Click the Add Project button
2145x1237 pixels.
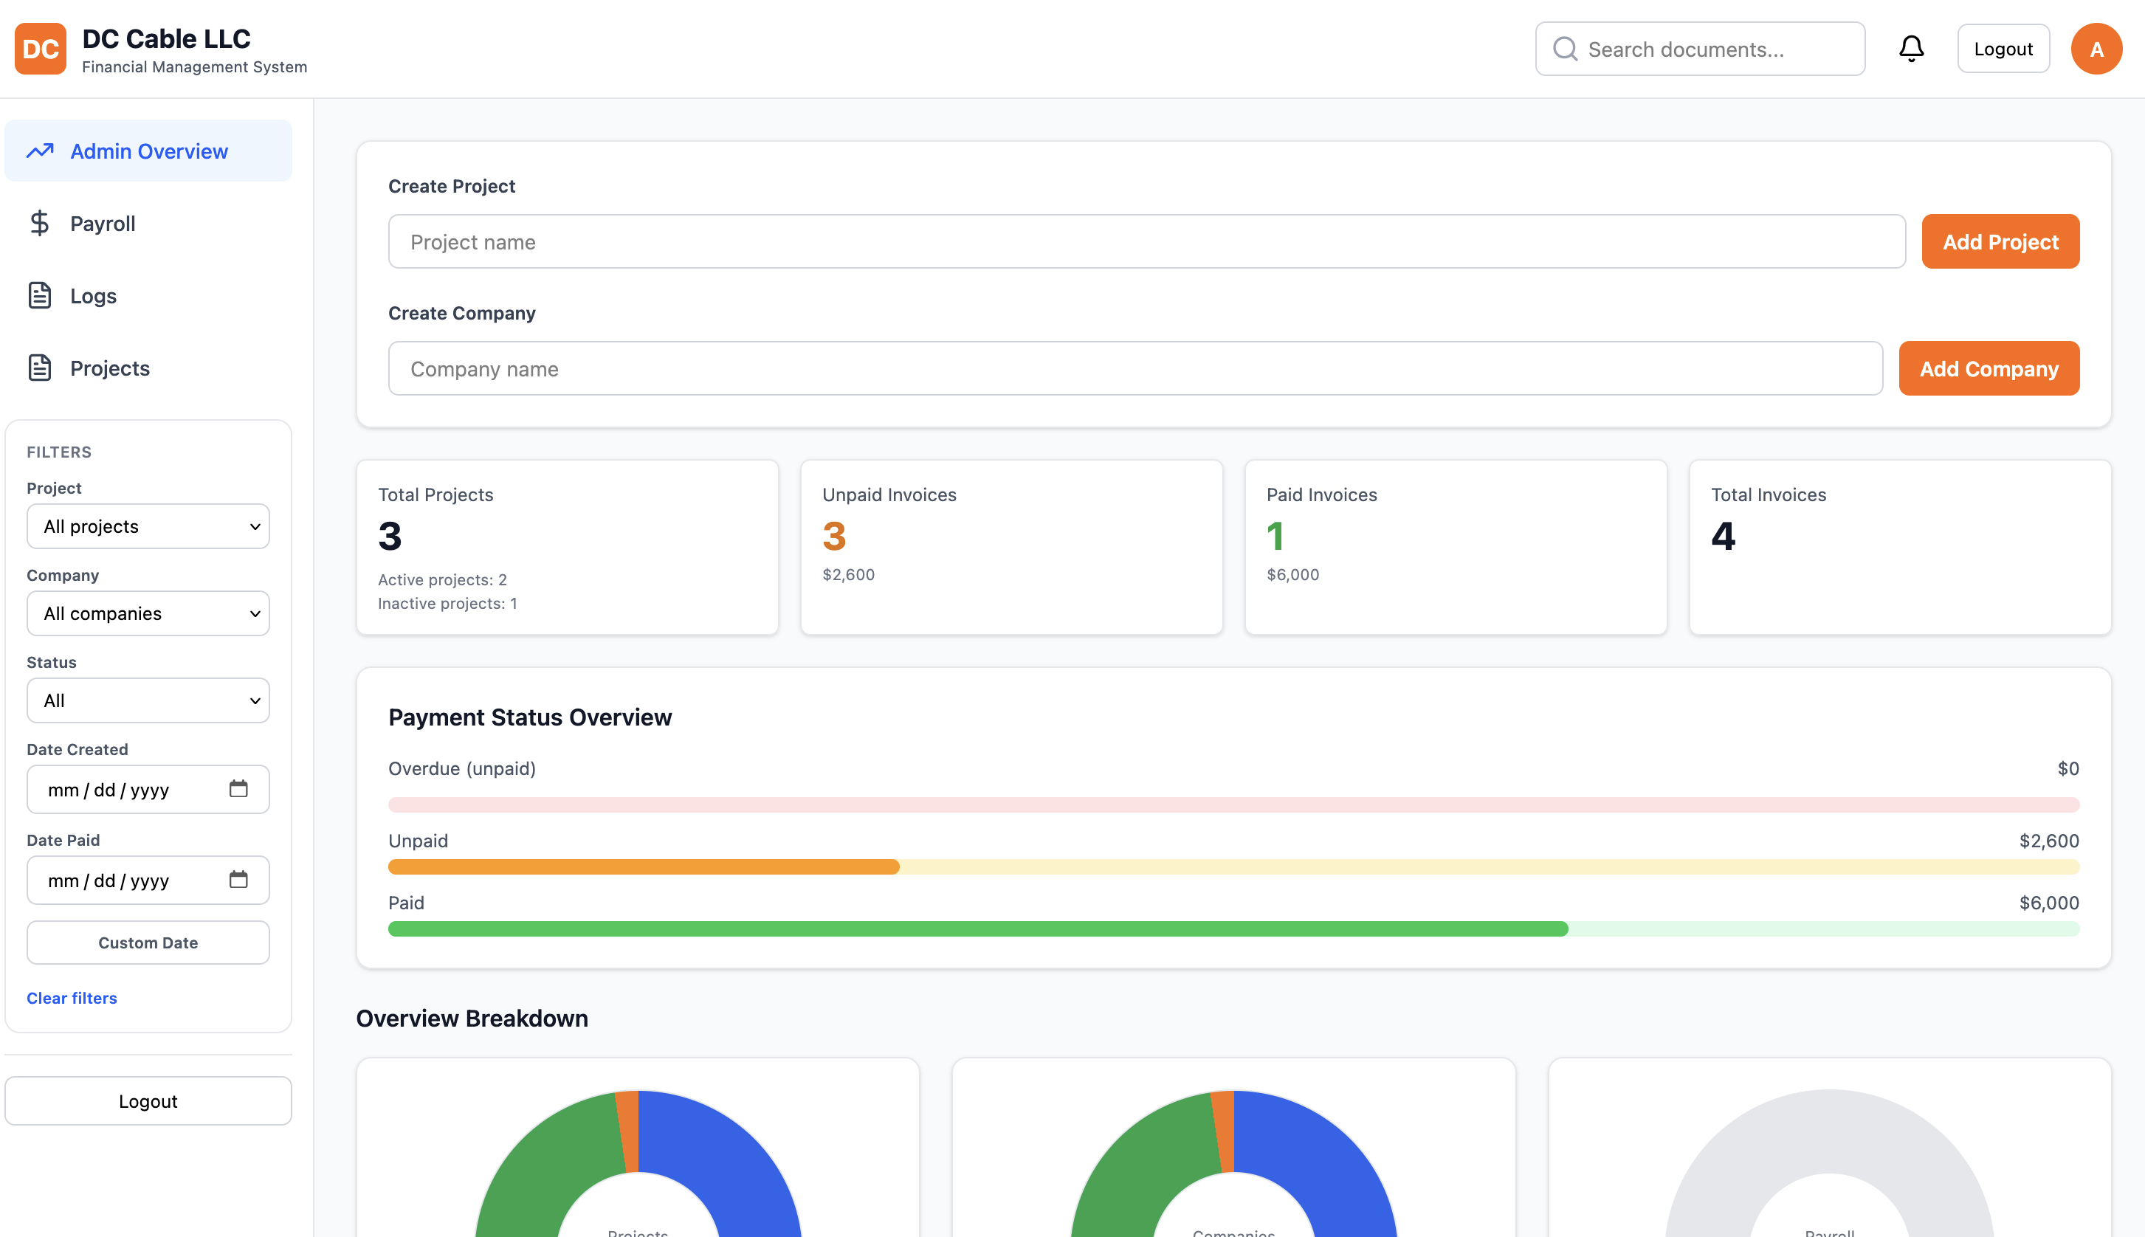coord(2000,242)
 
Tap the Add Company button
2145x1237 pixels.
coord(1988,369)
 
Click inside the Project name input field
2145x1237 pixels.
coord(1146,242)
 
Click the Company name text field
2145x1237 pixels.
coord(1135,369)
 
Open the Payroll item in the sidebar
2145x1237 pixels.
coord(102,224)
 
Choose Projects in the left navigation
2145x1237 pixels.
coord(109,368)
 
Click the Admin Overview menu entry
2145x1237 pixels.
coord(148,151)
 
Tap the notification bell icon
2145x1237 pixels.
coord(1910,49)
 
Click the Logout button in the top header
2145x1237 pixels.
coord(2003,49)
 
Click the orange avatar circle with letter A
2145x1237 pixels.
coord(2096,49)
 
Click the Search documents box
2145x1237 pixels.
coord(1699,49)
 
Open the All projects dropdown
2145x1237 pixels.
coord(148,527)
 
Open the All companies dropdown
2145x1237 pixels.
coord(148,613)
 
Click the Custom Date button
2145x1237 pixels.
coord(148,943)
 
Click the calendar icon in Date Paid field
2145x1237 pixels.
coord(238,879)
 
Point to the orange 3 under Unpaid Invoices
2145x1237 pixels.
coord(833,536)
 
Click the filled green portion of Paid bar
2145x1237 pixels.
coord(977,928)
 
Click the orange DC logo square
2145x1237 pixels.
coord(40,49)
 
